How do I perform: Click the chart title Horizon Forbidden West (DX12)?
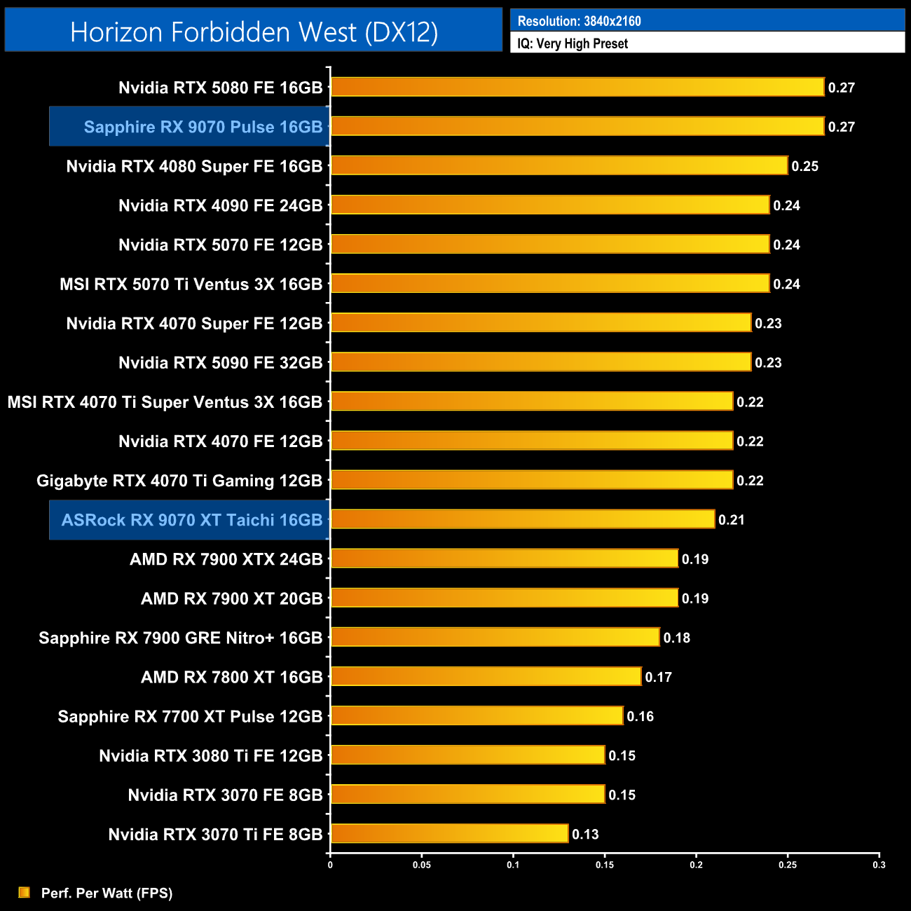click(254, 32)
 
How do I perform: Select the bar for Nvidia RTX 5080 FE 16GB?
click(577, 87)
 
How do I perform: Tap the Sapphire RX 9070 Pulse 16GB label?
click(203, 127)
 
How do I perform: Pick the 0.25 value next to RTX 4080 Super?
click(805, 166)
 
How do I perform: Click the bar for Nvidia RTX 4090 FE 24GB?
click(550, 205)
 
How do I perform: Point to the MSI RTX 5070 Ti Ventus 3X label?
click(191, 284)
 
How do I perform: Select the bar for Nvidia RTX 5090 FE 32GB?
click(541, 362)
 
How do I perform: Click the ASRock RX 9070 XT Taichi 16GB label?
click(192, 520)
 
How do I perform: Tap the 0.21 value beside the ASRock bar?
click(732, 520)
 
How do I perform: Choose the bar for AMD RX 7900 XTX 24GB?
click(505, 559)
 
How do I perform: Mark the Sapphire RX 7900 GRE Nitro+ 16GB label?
click(180, 638)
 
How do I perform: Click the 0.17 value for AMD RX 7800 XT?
click(659, 677)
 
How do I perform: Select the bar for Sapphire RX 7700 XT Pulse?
click(477, 715)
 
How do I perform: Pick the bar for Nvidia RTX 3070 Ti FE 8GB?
click(449, 833)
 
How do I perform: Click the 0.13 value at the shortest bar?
click(585, 834)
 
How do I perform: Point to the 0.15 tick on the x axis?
click(605, 865)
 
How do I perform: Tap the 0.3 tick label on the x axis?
click(879, 865)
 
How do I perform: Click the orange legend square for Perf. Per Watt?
click(25, 892)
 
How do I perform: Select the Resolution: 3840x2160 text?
click(579, 21)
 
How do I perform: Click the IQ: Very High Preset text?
click(573, 43)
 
